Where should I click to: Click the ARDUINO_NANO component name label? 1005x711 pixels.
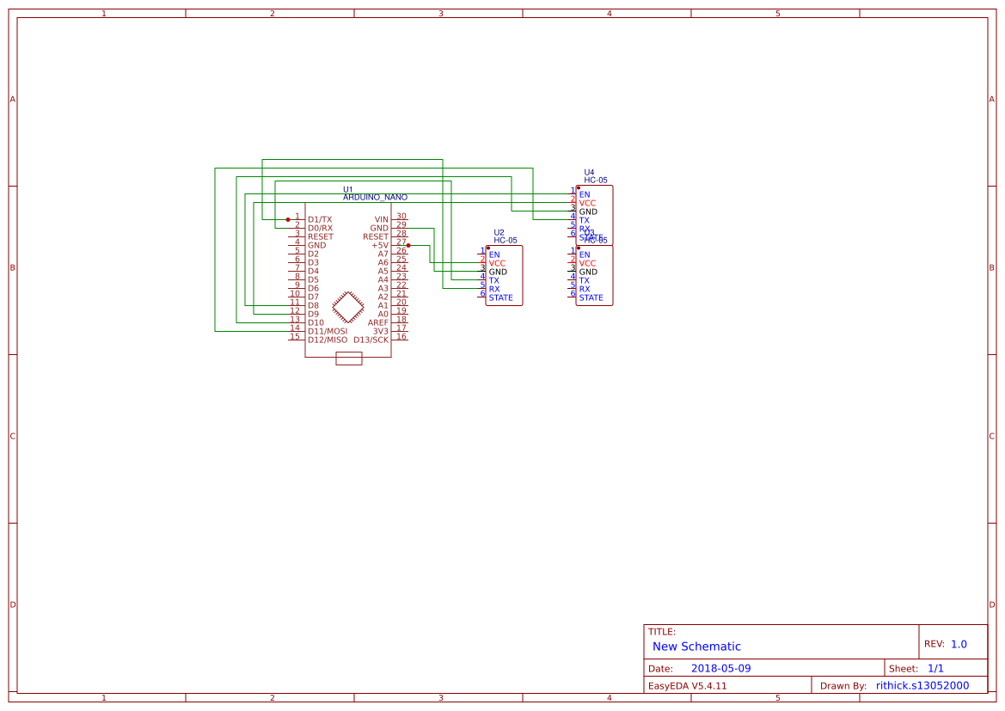pos(375,197)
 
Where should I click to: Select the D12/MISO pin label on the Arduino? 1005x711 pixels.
pos(328,340)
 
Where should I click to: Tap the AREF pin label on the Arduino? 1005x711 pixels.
pos(378,322)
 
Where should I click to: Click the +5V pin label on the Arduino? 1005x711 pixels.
pos(379,245)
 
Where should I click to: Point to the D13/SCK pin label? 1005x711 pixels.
pos(371,340)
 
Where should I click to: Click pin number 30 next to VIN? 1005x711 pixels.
pos(401,217)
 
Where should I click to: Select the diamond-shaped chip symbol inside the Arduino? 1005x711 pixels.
pos(348,306)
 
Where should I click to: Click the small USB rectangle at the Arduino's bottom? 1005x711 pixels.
pos(348,359)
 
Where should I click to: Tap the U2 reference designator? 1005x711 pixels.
pos(499,232)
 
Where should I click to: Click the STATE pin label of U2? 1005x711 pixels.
pos(500,298)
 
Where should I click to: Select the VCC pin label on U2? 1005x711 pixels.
pos(497,263)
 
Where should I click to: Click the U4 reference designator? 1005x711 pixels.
pos(589,172)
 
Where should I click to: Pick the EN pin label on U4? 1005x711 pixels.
pos(585,194)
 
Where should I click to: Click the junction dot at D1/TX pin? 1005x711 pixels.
pos(288,219)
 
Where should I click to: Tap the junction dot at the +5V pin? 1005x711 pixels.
pos(408,245)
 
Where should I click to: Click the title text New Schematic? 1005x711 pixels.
pos(696,647)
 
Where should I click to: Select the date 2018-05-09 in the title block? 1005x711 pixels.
pos(720,668)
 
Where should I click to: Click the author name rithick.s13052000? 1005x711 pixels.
pos(922,685)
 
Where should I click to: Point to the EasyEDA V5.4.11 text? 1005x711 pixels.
pos(687,685)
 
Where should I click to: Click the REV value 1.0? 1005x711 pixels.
pos(959,644)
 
